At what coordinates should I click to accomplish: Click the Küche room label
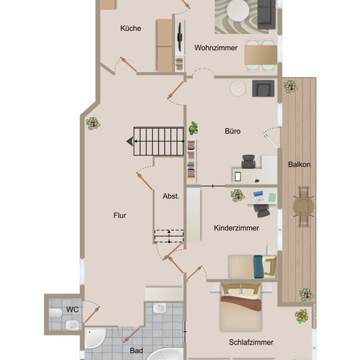[130, 28]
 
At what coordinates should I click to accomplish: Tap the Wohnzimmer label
[216, 48]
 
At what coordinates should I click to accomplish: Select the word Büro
[233, 131]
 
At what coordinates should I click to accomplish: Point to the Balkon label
[300, 164]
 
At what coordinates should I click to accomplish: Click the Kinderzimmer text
[236, 228]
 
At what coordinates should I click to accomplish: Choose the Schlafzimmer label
[251, 342]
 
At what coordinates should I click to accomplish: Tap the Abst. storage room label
[171, 196]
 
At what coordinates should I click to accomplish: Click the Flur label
[120, 215]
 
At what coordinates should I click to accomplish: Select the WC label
[72, 310]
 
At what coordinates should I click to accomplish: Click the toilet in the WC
[55, 313]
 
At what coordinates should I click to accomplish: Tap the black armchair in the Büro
[263, 89]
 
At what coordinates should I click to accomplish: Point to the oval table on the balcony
[303, 207]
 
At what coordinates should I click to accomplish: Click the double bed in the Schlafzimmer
[241, 307]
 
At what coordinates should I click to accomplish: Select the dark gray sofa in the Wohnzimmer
[266, 14]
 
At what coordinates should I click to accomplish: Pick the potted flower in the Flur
[93, 124]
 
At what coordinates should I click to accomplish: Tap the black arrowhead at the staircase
[130, 141]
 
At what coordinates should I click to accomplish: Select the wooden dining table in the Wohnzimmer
[261, 55]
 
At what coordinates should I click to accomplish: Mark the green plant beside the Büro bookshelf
[194, 128]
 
